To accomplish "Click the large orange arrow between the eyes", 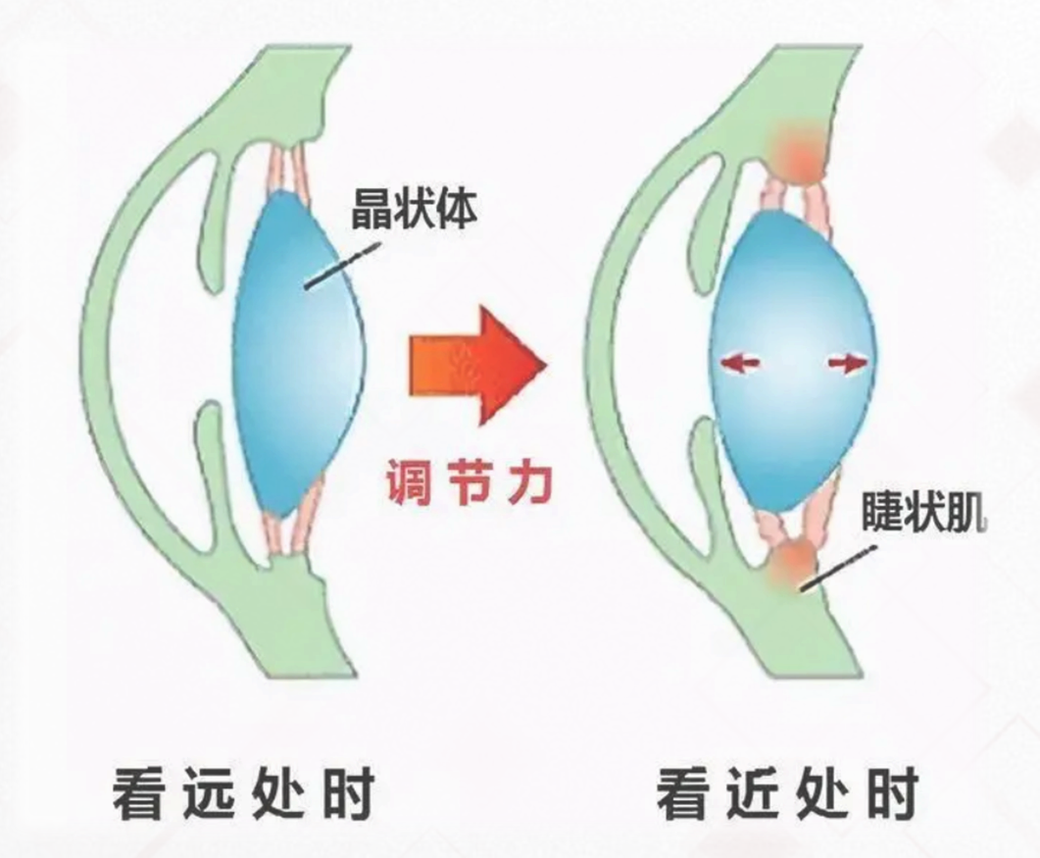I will coord(476,364).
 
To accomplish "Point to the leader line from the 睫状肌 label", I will coord(839,568).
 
